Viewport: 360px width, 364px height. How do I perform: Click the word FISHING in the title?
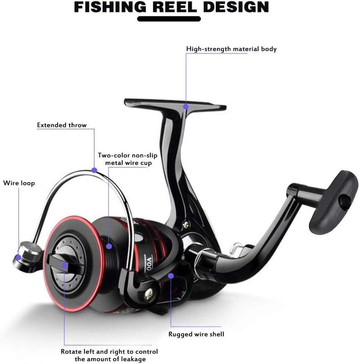[110, 7]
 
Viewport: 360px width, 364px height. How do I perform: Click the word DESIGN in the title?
[236, 7]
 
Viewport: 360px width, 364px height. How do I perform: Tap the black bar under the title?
[169, 19]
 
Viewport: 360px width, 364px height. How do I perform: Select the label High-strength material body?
[231, 49]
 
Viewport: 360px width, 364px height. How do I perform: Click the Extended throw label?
[62, 125]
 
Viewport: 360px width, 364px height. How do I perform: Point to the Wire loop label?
[19, 183]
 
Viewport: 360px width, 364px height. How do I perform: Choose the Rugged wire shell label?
[196, 334]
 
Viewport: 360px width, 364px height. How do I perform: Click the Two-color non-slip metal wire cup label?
[127, 159]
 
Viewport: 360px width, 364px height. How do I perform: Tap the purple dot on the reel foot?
[186, 106]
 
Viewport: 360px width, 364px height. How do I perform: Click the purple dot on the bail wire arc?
[94, 170]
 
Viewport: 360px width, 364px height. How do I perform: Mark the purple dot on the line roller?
[18, 257]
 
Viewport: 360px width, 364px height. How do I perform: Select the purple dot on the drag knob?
[65, 266]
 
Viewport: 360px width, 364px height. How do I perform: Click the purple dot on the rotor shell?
[171, 276]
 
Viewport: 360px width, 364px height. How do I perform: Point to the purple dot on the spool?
[109, 246]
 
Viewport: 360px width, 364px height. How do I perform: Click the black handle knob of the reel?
[334, 202]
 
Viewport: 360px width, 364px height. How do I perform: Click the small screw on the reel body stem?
[186, 225]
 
